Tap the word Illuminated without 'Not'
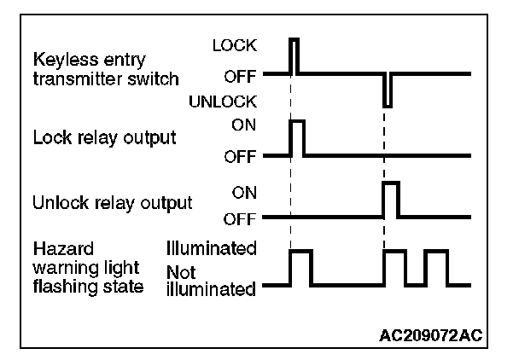pos(212,249)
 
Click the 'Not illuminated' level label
pos(212,282)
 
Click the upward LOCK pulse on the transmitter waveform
pos(294,55)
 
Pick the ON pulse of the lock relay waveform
pos(297,138)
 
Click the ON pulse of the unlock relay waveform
pos(391,200)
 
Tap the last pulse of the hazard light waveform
pos(436,267)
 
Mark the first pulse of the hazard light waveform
pos(300,267)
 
